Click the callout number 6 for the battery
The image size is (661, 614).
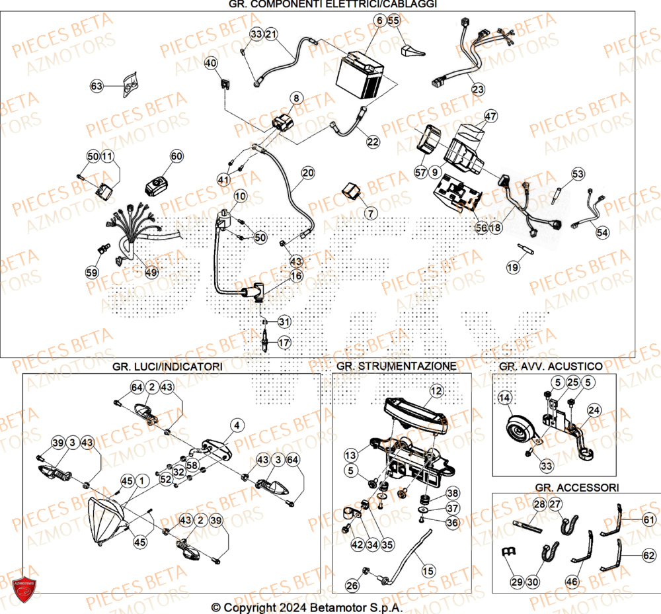tap(379, 21)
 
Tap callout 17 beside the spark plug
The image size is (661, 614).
tap(284, 343)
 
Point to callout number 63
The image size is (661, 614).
tap(97, 85)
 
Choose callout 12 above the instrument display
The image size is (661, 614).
tap(435, 391)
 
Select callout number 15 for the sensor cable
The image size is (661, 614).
tap(428, 570)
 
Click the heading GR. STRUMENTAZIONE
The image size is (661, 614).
tap(396, 366)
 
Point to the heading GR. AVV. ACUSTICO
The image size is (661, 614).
tap(551, 366)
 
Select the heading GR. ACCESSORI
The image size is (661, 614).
tap(576, 487)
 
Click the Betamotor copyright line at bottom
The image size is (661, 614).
tap(307, 607)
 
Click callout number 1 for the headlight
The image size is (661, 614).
tap(140, 480)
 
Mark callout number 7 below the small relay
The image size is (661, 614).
tap(369, 213)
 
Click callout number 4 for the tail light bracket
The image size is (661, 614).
tap(237, 425)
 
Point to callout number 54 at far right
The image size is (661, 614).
tap(603, 232)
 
